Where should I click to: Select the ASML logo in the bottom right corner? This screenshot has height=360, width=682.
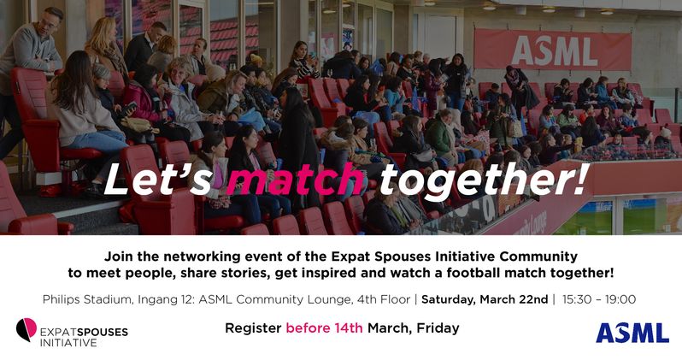[632, 333]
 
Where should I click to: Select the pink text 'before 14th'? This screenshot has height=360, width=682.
[325, 328]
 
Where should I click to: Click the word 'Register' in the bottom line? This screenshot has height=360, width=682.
[253, 328]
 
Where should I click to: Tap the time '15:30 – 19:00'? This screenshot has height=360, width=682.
[598, 299]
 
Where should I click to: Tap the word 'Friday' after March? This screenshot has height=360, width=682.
[437, 328]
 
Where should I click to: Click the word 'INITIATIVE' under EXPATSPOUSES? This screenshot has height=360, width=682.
[69, 343]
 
